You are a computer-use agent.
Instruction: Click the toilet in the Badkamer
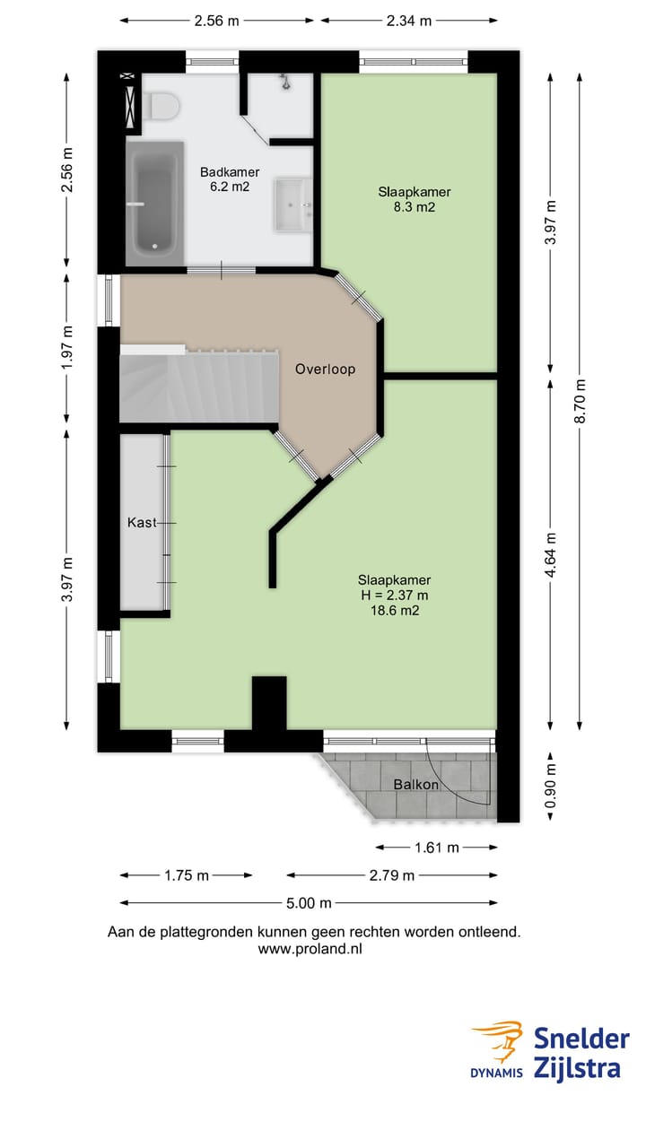pyautogui.click(x=161, y=105)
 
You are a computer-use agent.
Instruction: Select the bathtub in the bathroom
pyautogui.click(x=154, y=202)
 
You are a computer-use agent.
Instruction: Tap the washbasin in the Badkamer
pyautogui.click(x=292, y=204)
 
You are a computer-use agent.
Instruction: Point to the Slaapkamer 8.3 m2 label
pyautogui.click(x=414, y=199)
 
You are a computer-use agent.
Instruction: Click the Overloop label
pyautogui.click(x=325, y=369)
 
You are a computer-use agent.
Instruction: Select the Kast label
pyautogui.click(x=143, y=522)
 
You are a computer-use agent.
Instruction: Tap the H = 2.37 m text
pyautogui.click(x=392, y=595)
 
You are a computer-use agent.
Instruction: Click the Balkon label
pyautogui.click(x=416, y=784)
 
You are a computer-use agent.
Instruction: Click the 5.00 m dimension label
pyautogui.click(x=308, y=903)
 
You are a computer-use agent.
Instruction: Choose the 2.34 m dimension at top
pyautogui.click(x=408, y=21)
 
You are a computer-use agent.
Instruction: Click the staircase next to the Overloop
pyautogui.click(x=197, y=386)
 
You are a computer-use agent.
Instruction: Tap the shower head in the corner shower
pyautogui.click(x=284, y=83)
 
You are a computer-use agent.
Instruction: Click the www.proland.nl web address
pyautogui.click(x=310, y=948)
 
